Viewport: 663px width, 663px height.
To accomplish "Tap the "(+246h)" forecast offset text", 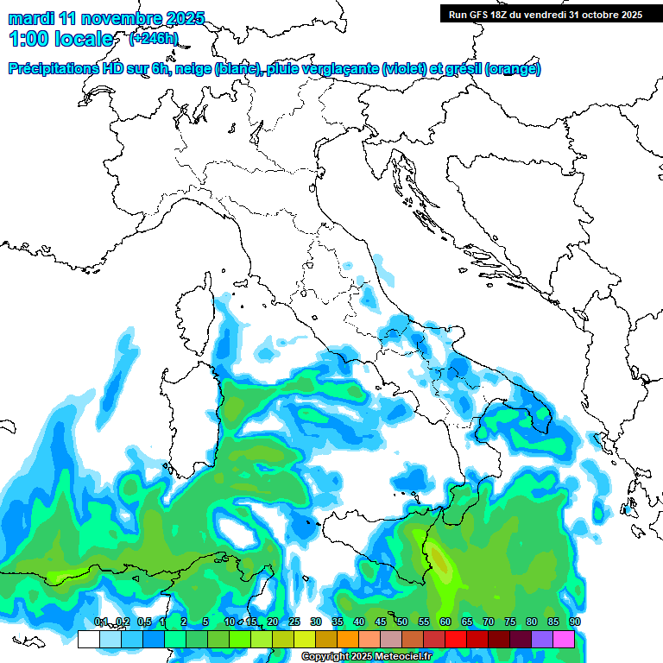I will coord(154,39).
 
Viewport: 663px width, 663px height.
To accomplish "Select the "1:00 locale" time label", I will coord(60,39).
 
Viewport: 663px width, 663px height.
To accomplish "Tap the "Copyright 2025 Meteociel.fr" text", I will coord(366,657).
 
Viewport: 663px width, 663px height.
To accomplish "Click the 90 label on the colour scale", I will coord(574,622).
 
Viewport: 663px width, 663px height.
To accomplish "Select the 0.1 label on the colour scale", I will coord(100,622).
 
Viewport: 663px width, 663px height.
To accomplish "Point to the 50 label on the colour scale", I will coord(401,622).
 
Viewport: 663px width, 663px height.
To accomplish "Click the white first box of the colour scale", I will coord(88,639).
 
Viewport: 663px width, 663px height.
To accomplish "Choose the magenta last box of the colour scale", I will coord(564,639).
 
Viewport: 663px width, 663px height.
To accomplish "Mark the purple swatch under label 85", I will coord(542,639).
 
